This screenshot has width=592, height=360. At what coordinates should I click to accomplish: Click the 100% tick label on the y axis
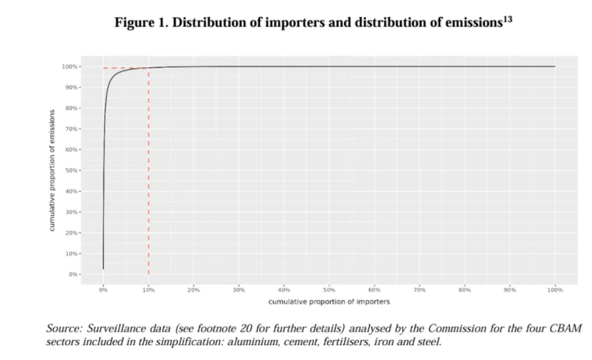click(70, 67)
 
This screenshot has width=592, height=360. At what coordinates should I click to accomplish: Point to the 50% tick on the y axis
click(71, 170)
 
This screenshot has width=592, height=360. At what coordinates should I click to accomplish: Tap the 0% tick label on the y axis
click(73, 274)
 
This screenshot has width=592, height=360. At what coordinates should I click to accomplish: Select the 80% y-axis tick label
click(71, 108)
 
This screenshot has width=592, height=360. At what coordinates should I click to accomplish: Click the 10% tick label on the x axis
click(148, 289)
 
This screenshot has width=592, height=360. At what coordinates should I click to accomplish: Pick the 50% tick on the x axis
click(329, 289)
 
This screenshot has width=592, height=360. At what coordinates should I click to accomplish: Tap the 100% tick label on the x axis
click(555, 289)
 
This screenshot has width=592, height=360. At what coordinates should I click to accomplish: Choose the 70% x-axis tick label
click(420, 289)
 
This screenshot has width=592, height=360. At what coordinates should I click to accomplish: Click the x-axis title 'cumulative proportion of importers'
click(329, 302)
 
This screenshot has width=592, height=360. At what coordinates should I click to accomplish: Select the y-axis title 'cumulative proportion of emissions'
click(53, 170)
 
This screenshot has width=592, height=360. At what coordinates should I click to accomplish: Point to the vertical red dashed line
click(148, 178)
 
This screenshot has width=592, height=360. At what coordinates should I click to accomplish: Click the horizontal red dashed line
click(125, 68)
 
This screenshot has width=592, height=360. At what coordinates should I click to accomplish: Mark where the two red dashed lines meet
click(148, 68)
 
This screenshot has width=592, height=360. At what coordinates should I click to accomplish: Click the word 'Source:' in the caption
click(64, 329)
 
